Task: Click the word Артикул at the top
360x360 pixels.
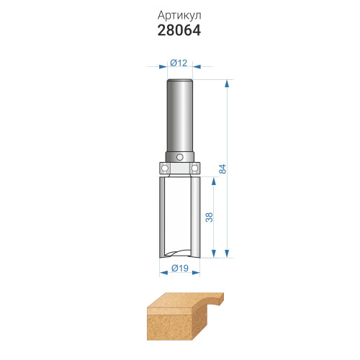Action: tap(179, 16)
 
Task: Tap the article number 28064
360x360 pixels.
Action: tap(179, 31)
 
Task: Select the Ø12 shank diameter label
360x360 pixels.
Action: tap(179, 63)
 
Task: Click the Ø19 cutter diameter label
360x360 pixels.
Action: tap(180, 268)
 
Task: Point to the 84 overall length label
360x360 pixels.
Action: tap(222, 168)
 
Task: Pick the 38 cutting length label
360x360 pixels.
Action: tap(210, 217)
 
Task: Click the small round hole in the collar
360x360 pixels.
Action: tap(179, 157)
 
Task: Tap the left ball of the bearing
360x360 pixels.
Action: tap(164, 167)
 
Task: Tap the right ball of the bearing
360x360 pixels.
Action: tap(194, 167)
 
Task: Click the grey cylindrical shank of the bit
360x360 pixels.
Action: tap(180, 117)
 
